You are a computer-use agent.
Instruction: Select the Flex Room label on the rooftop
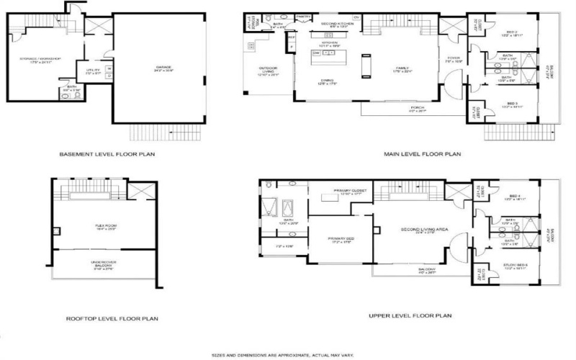tap(107, 225)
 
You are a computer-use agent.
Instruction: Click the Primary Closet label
tap(351, 191)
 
